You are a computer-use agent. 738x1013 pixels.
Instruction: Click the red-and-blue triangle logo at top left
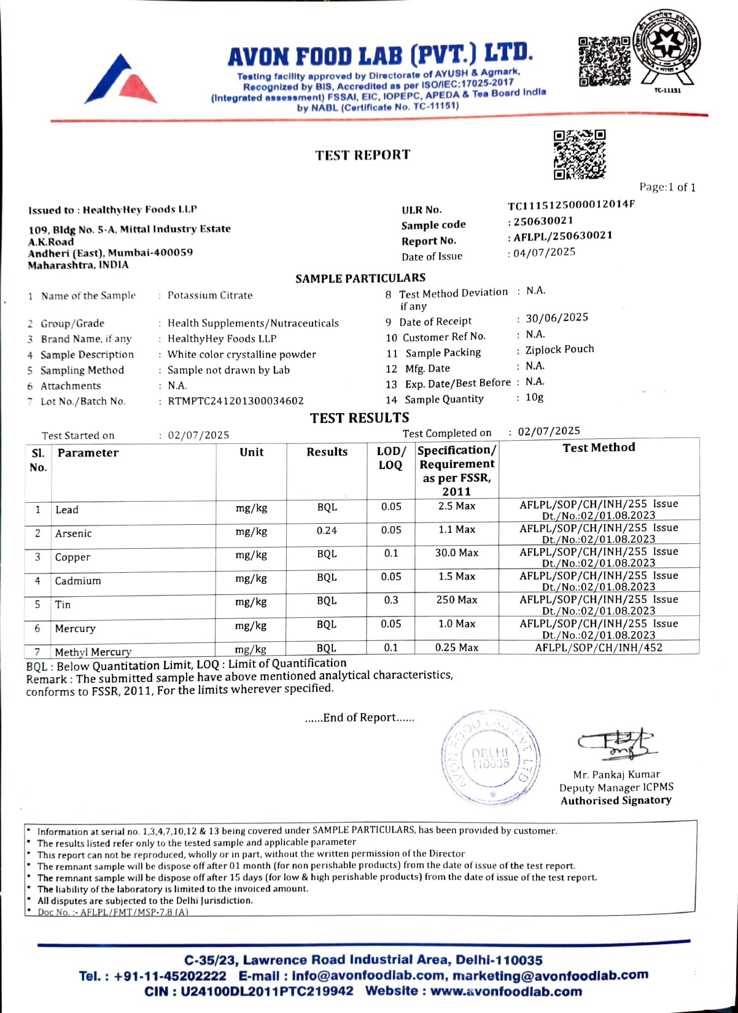pyautogui.click(x=121, y=80)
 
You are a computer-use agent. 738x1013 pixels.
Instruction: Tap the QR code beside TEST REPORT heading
pyautogui.click(x=579, y=154)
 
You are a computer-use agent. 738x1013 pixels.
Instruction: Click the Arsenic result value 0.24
pyautogui.click(x=327, y=530)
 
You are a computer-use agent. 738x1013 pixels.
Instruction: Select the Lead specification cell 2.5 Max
pyautogui.click(x=457, y=506)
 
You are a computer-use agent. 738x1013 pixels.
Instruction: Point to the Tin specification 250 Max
pyautogui.click(x=457, y=600)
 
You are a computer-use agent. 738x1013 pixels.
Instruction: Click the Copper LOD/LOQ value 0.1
pyautogui.click(x=391, y=553)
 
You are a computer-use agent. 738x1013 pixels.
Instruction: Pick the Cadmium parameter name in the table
pyautogui.click(x=78, y=581)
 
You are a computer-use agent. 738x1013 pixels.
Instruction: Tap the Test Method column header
pyautogui.click(x=599, y=448)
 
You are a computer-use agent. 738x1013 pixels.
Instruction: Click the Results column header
pyautogui.click(x=327, y=452)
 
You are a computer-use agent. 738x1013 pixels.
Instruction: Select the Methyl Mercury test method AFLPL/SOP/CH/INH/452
pyautogui.click(x=599, y=647)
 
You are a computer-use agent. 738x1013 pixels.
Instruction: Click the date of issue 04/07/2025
pyautogui.click(x=545, y=252)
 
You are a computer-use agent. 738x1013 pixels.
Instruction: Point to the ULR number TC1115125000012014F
pyautogui.click(x=571, y=204)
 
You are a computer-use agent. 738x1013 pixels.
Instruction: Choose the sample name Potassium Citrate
pyautogui.click(x=210, y=295)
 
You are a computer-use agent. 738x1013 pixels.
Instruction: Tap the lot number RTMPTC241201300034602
pyautogui.click(x=236, y=401)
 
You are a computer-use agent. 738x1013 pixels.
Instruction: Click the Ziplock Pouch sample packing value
pyautogui.click(x=559, y=349)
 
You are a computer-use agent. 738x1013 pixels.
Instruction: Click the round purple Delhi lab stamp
pyautogui.click(x=491, y=758)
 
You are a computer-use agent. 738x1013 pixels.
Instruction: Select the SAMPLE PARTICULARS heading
pyautogui.click(x=360, y=279)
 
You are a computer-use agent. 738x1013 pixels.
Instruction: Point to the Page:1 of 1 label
pyautogui.click(x=667, y=187)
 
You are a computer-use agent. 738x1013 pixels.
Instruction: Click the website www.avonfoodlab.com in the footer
pyautogui.click(x=506, y=992)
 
